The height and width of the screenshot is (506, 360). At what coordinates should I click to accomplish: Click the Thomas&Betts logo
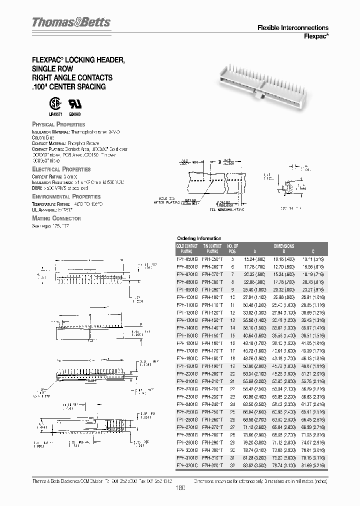tap(70, 22)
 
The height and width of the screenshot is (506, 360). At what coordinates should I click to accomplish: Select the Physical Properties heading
tap(58, 124)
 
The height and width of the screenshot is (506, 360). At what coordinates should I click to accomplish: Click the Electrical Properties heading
tap(61, 169)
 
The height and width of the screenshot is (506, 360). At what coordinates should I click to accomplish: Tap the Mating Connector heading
tap(56, 218)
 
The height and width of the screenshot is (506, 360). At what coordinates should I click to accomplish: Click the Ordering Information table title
tap(199, 238)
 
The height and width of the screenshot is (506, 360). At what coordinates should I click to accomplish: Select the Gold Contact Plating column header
tap(187, 248)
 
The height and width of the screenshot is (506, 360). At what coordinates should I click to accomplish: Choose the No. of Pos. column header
tap(232, 248)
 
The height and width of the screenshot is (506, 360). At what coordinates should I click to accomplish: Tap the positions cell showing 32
tap(232, 464)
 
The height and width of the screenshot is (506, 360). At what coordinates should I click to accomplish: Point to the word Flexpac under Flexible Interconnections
tap(316, 36)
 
